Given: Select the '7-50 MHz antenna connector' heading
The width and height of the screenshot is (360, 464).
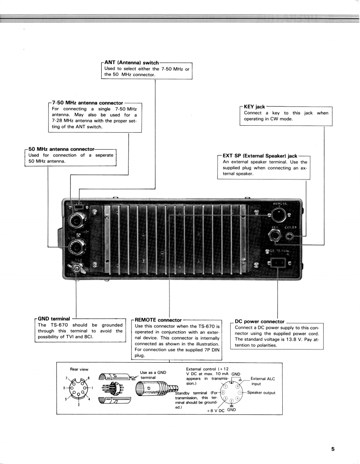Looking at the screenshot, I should pyautogui.click(x=88, y=102).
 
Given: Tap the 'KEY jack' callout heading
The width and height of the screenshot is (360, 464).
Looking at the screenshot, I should pyautogui.click(x=255, y=107).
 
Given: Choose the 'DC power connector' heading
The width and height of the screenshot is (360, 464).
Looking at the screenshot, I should pyautogui.click(x=260, y=321).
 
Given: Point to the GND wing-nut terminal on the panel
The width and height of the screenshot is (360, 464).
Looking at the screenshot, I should pyautogui.click(x=77, y=269).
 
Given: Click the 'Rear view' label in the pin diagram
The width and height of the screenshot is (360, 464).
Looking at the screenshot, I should pyautogui.click(x=79, y=369).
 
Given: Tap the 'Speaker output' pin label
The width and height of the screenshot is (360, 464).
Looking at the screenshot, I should pyautogui.click(x=261, y=392).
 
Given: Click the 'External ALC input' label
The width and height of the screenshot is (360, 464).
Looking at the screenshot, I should pyautogui.click(x=262, y=381).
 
